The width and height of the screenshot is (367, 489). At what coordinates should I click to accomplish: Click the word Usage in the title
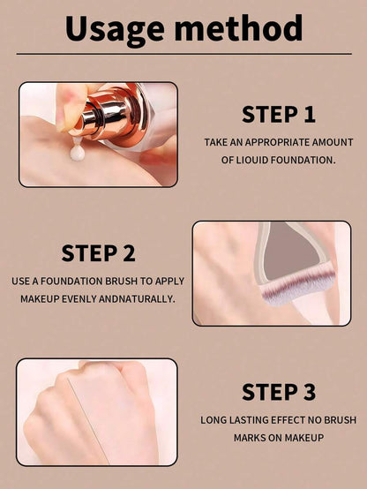[115, 30]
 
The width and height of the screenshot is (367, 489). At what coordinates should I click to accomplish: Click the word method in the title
[238, 28]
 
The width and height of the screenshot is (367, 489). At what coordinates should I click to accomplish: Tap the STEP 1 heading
[279, 115]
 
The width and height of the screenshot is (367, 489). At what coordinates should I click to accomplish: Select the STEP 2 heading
[98, 253]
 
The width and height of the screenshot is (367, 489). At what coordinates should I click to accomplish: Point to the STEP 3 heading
[279, 392]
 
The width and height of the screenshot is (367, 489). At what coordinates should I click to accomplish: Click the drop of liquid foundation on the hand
[77, 152]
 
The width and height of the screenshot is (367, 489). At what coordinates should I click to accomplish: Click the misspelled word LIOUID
[251, 161]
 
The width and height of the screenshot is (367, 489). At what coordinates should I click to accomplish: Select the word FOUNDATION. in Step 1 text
[303, 161]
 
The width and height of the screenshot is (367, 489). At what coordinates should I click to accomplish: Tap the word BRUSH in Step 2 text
[121, 282]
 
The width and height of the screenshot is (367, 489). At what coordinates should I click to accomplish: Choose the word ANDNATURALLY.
[137, 299]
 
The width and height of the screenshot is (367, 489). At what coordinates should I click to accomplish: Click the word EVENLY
[79, 299]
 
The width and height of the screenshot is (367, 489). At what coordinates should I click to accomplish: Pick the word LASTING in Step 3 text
[248, 420]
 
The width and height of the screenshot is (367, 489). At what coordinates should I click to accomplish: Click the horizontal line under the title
[184, 54]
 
